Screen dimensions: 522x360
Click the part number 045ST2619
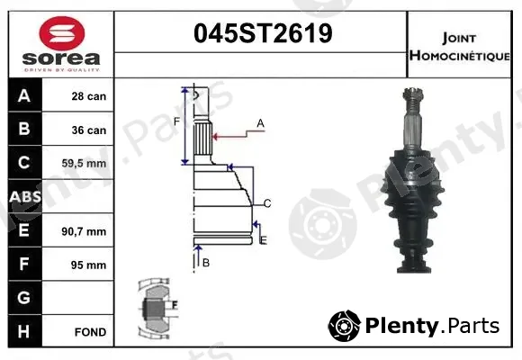point(263,33)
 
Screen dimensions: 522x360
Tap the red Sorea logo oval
point(62,33)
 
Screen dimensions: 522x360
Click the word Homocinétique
point(459,55)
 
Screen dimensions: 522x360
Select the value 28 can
point(89,96)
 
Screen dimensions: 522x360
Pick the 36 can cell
point(89,130)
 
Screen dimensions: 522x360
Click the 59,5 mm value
point(84,164)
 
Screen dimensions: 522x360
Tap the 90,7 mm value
point(84,231)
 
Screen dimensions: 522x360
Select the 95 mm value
point(88,265)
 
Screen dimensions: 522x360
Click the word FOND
point(91,332)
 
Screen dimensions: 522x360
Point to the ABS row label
point(25,196)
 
